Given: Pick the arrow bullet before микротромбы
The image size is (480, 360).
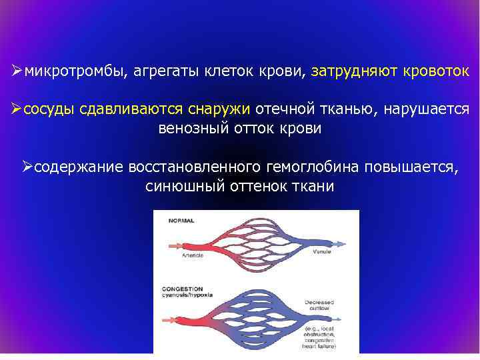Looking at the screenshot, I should (17, 70).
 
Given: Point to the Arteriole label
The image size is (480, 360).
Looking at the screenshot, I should (193, 255).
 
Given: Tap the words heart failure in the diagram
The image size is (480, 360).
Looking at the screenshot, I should (322, 347).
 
